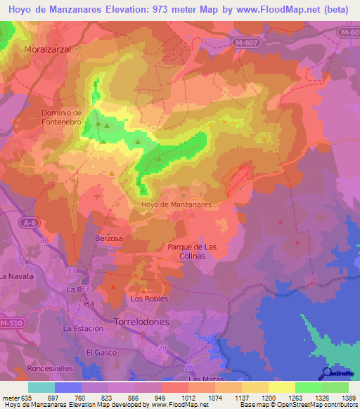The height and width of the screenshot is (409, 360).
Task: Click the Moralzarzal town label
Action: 49,50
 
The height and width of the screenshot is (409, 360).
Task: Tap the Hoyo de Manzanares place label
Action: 176,204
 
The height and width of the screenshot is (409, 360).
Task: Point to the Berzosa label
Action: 109,238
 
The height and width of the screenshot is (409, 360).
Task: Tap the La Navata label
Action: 17,276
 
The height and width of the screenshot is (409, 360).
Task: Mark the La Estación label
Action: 84,328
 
